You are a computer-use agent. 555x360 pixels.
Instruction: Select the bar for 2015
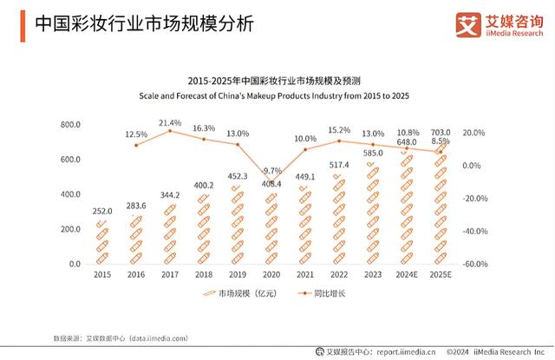[101, 242]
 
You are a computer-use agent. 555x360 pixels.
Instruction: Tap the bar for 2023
[373, 213]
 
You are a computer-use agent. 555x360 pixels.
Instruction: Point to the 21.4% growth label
[170, 122]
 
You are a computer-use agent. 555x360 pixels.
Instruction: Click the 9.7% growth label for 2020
[272, 171]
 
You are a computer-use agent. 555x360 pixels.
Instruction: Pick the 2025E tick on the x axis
[441, 275]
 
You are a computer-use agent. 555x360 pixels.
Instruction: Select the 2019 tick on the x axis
[238, 275]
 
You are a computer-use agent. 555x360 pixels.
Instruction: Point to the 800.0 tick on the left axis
[70, 125]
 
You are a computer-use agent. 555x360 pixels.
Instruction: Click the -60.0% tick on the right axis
[474, 264]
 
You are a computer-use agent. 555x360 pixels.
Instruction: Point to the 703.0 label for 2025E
[441, 132]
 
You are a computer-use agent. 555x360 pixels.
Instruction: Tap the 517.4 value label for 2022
[339, 165]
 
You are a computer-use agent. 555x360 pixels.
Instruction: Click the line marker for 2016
[136, 145]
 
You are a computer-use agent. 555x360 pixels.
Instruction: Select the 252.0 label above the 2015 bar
[102, 211]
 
